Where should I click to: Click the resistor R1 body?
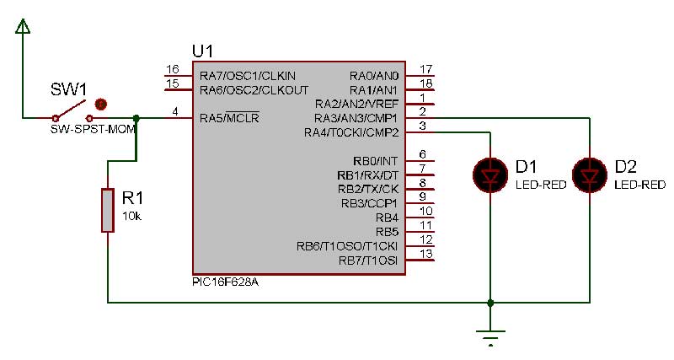tap(107, 210)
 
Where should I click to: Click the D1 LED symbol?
tap(490, 175)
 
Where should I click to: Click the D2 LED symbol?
tap(588, 175)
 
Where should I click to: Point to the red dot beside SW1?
tap(100, 104)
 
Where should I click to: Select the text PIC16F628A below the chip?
tap(225, 282)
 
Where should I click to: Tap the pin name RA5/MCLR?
tap(229, 118)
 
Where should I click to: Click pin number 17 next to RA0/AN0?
tap(425, 69)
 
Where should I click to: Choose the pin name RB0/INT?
tap(375, 161)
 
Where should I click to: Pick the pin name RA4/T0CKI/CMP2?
tap(356, 132)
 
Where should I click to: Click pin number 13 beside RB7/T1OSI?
tap(425, 254)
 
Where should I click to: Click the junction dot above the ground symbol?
tap(490, 301)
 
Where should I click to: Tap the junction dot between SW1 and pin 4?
tap(136, 118)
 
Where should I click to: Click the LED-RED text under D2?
tap(639, 184)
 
